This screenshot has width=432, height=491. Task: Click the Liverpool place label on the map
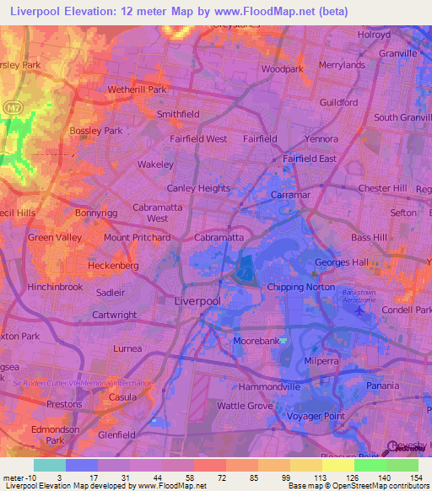coord(197,300)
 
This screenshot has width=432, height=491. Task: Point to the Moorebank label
coord(256,341)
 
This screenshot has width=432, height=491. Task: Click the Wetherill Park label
coord(137,89)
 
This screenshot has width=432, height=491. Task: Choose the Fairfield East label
coord(310,159)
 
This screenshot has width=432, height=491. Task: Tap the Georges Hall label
coord(342,262)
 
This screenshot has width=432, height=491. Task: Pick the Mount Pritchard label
coord(137,238)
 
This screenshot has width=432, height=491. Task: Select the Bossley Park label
coord(96,131)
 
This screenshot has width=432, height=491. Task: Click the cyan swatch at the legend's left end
coord(49,464)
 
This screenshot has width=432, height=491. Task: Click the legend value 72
coord(222,478)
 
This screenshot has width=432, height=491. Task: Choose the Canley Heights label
coord(198,188)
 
